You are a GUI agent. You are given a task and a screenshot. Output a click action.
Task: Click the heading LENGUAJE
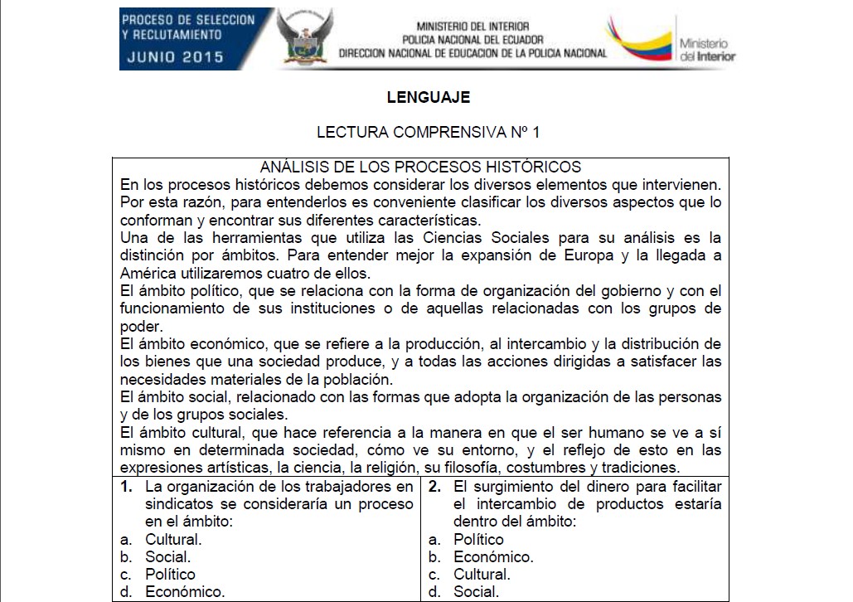point(428,97)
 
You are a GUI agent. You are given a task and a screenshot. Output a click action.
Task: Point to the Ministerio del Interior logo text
point(706,50)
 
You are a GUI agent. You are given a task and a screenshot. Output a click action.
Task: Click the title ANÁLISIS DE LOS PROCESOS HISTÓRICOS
point(420,167)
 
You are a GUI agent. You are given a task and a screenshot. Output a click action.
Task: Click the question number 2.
point(434,487)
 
